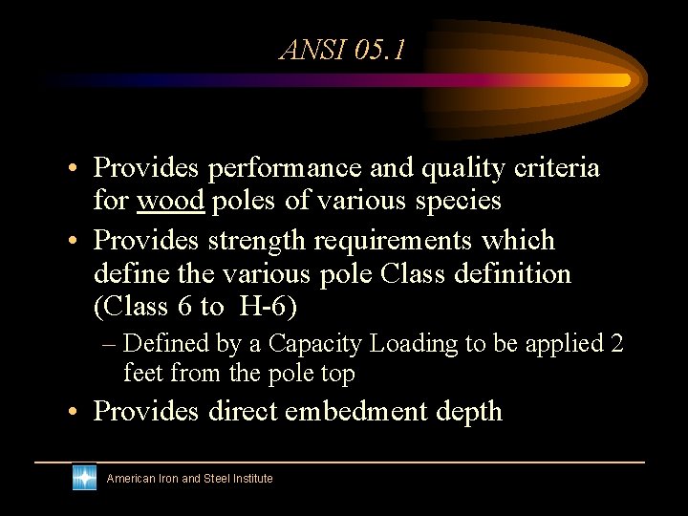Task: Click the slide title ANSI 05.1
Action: pos(342,50)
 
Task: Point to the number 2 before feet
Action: pos(616,343)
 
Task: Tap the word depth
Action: pos(468,412)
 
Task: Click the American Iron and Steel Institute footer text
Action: pos(189,479)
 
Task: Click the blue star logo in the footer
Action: pos(84,478)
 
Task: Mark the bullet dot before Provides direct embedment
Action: pos(73,412)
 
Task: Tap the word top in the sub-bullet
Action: pos(337,373)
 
